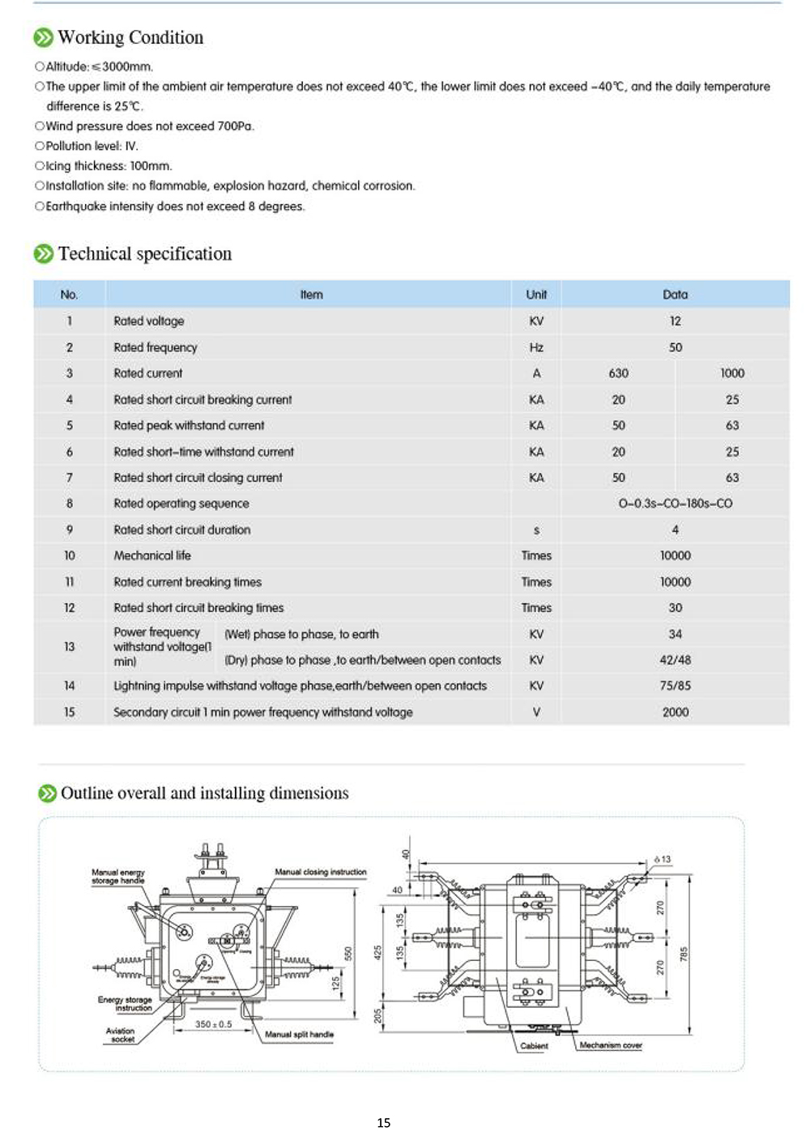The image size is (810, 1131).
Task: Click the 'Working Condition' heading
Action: click(130, 37)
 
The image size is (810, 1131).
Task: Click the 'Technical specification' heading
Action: click(144, 253)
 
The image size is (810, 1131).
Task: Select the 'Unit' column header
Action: click(536, 295)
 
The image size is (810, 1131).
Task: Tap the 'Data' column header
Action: click(675, 295)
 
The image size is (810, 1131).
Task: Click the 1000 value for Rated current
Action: click(732, 373)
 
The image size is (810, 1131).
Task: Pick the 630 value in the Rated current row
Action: click(619, 373)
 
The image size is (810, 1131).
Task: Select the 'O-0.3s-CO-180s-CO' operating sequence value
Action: click(675, 504)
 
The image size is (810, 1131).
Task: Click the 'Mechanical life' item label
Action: click(152, 555)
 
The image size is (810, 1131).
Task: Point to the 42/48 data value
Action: click(675, 660)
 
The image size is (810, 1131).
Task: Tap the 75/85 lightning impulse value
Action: click(675, 686)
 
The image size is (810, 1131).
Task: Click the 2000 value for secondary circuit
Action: click(675, 712)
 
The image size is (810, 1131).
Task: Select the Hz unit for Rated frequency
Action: click(536, 347)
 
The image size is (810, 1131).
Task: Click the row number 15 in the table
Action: click(70, 712)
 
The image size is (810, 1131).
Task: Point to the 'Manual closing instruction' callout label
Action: click(321, 872)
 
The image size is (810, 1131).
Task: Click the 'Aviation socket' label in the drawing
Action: click(121, 1035)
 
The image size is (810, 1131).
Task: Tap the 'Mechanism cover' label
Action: click(611, 1045)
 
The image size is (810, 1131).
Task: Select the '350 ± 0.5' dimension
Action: click(213, 1024)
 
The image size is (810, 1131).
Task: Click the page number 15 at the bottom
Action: click(384, 1122)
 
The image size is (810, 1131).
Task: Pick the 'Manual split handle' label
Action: click(299, 1034)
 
